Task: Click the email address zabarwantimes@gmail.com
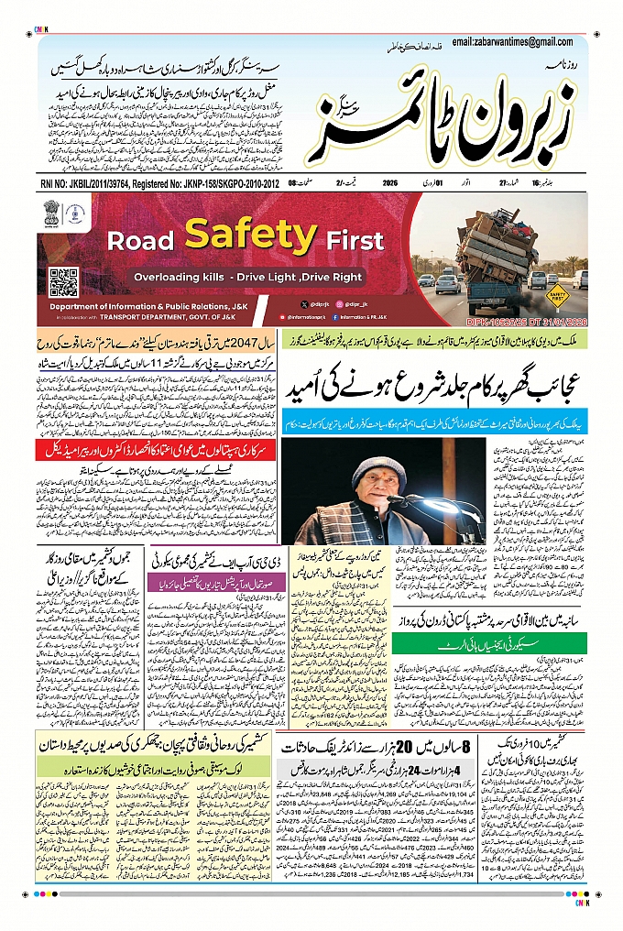(x=517, y=42)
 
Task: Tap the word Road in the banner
(x=140, y=241)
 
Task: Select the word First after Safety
(x=355, y=241)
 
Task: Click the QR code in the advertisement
(x=63, y=279)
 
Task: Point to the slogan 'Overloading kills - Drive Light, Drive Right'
(x=248, y=277)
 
